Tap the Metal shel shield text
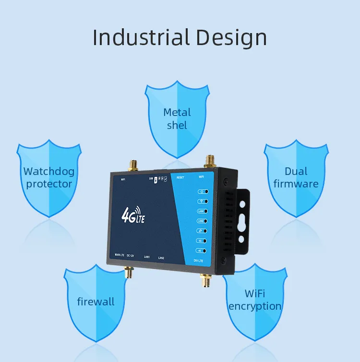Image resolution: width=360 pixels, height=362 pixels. (177, 118)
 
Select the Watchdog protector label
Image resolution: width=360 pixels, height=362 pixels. (49, 177)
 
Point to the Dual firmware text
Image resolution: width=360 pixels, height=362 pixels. (296, 177)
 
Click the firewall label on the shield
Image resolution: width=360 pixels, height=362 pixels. (96, 302)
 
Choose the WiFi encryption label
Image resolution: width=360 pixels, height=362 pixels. (255, 300)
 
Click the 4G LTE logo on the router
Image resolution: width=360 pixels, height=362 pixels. (133, 215)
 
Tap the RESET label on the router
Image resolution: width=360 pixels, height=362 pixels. (180, 177)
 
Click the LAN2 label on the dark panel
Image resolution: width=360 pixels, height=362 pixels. (161, 258)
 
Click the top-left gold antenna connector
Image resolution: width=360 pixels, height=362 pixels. (133, 166)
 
